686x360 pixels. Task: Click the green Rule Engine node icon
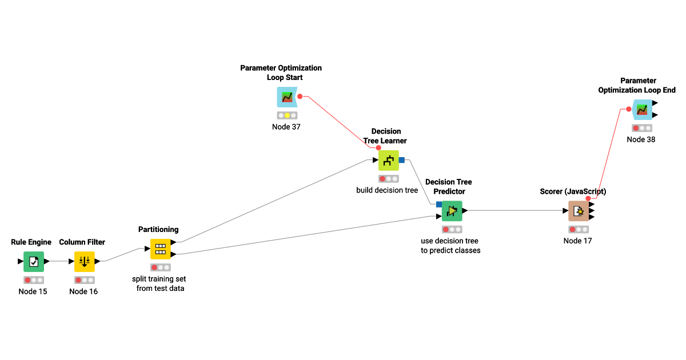(x=34, y=261)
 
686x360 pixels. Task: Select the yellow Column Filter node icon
(x=85, y=261)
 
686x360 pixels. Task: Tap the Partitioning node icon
(x=161, y=249)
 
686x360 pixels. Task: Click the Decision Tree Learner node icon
(x=389, y=160)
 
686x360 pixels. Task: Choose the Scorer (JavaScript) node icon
(x=579, y=211)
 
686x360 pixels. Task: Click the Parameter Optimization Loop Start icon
(x=287, y=97)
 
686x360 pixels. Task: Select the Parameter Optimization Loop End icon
(x=642, y=109)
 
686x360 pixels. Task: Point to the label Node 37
(x=286, y=127)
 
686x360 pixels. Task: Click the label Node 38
(x=641, y=139)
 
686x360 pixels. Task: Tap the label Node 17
(x=577, y=241)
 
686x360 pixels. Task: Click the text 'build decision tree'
(x=387, y=190)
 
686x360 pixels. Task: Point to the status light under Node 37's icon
(x=287, y=115)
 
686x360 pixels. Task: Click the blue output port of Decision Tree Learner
(x=402, y=160)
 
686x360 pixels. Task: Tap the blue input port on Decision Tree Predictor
(x=439, y=204)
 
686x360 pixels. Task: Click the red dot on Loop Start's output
(x=300, y=97)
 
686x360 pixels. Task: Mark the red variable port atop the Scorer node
(x=588, y=198)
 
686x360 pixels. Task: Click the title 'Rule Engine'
(x=31, y=242)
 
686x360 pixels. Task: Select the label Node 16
(x=83, y=291)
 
